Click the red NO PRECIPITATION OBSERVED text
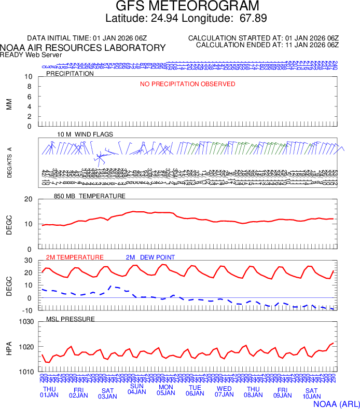coord(188,84)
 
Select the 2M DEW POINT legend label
coord(150,257)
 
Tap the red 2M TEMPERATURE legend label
coord(75,257)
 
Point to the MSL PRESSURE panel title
coord(71,319)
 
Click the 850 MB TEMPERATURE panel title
coord(90,196)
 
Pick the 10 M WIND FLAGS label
coord(85,134)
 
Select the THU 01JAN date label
coord(49,392)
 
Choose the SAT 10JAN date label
coord(311,393)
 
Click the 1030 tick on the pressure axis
coord(26,322)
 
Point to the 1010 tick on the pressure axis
coord(26,372)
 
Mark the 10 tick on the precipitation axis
coord(29,77)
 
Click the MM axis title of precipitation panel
coord(9,104)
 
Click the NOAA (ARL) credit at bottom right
coord(337,403)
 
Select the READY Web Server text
coord(31,54)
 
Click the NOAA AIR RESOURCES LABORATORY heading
coord(83,48)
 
